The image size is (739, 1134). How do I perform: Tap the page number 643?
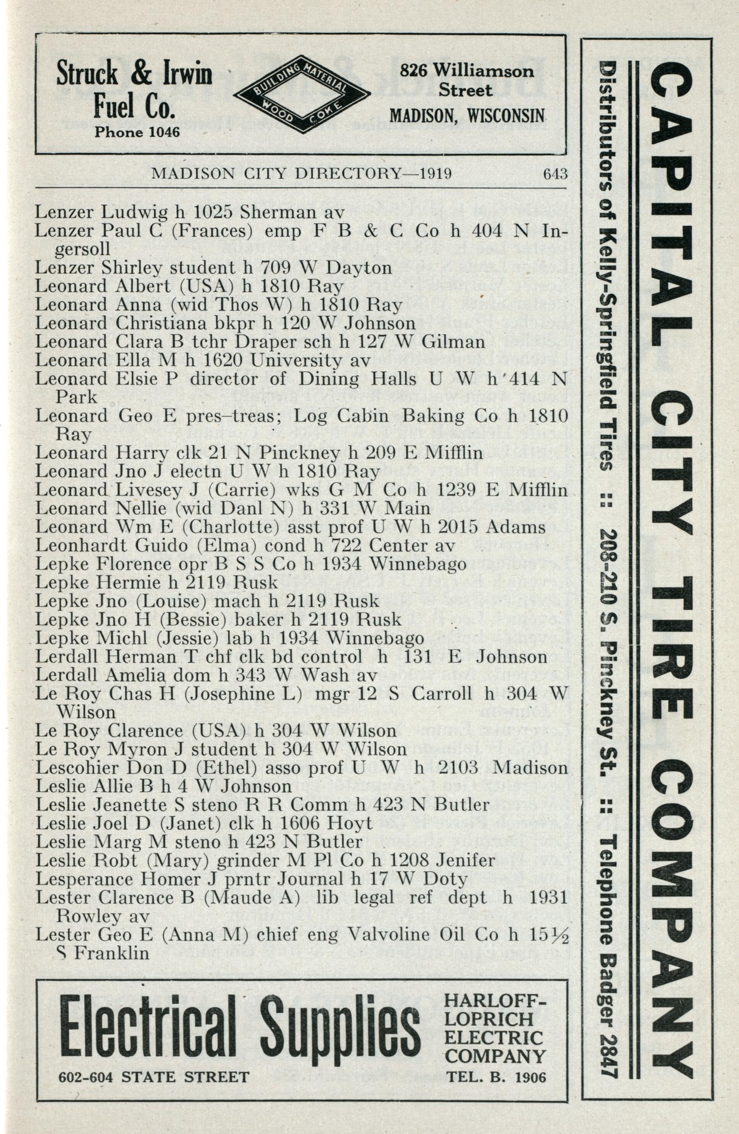coord(555,174)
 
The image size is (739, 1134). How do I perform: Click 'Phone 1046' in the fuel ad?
coord(137,132)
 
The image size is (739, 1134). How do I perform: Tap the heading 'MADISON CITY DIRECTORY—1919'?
coord(301,174)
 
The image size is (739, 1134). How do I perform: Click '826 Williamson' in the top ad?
coord(466,71)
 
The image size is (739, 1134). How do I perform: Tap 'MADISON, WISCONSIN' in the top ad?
coord(467,115)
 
